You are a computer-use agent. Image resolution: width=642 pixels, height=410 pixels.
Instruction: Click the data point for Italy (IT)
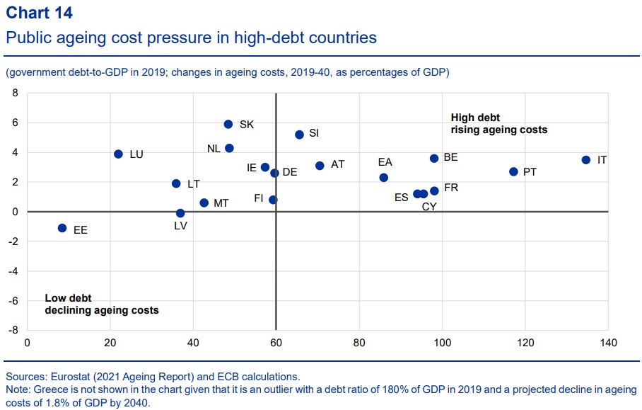tap(586, 160)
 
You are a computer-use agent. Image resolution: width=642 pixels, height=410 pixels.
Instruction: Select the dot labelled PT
tap(513, 172)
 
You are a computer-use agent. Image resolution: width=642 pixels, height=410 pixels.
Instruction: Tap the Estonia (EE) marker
tap(62, 228)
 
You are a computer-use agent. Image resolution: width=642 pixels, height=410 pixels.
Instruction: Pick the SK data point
tap(228, 124)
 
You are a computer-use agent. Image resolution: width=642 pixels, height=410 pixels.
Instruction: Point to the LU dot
tap(118, 154)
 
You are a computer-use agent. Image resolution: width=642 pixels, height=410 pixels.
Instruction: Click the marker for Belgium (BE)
tap(434, 159)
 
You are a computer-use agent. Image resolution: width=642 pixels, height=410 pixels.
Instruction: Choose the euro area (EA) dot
tap(384, 178)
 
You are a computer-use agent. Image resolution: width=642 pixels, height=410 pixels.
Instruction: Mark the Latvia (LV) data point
tap(180, 213)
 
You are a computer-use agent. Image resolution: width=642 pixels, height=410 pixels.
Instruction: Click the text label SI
tap(314, 133)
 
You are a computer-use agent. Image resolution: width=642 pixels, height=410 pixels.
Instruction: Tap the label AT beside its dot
tap(337, 164)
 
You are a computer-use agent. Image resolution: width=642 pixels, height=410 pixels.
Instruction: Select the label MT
tap(221, 203)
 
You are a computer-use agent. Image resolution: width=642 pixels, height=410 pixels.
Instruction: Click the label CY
tap(429, 207)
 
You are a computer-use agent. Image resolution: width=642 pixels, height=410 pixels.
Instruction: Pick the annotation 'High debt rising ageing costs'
tap(499, 124)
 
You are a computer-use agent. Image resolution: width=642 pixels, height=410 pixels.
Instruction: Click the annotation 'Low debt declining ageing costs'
tap(101, 304)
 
